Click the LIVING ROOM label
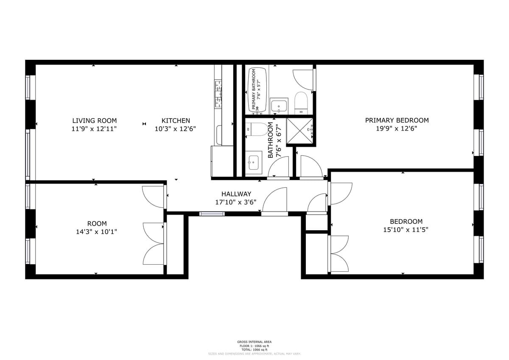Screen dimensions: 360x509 point(94,120)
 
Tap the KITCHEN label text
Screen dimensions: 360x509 point(176,120)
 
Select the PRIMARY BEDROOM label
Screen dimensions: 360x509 point(397,120)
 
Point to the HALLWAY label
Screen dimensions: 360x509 point(236,194)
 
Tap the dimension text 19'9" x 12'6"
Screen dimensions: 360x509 point(397,128)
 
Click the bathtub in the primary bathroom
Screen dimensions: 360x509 point(257,90)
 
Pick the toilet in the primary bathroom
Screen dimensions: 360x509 point(301,102)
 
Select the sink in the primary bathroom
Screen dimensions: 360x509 point(279,105)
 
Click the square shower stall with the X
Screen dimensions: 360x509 point(300,131)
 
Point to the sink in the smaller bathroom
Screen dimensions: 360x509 point(254,162)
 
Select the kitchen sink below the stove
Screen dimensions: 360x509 point(218,135)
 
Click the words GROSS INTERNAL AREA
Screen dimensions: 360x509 point(254,342)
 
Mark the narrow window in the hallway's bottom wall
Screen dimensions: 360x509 point(212,214)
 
